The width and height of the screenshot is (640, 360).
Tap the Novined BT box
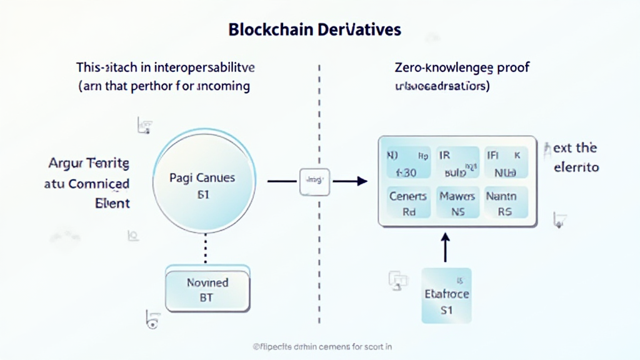tap(207, 290)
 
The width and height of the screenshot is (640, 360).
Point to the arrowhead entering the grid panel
tap(360, 181)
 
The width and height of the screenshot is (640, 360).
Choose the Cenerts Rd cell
tap(408, 204)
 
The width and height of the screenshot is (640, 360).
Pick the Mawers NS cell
tap(457, 204)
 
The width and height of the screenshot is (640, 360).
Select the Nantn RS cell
tap(505, 204)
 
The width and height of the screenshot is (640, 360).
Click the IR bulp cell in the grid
tap(457, 162)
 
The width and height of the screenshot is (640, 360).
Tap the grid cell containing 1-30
tap(408, 162)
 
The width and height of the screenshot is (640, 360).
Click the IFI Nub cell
tap(505, 162)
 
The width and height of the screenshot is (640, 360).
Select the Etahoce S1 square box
tap(446, 295)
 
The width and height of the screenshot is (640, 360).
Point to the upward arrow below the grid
tap(446, 247)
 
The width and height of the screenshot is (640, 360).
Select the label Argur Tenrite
tap(89, 164)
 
